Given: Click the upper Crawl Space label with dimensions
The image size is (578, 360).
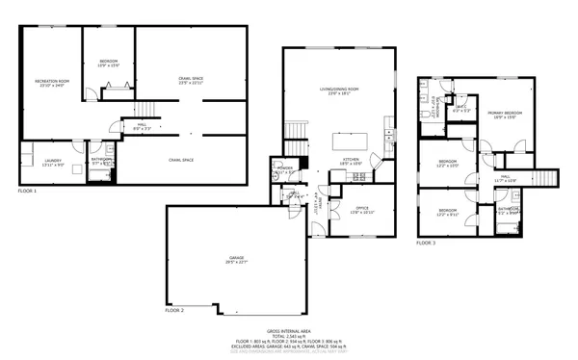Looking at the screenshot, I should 191,80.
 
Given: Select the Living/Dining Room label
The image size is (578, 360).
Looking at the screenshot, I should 346,91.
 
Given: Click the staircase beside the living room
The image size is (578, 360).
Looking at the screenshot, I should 297,129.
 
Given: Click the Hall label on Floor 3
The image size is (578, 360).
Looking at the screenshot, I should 506,178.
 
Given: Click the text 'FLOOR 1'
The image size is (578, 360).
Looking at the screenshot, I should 28,192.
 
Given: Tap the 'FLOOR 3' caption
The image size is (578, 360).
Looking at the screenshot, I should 426,244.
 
